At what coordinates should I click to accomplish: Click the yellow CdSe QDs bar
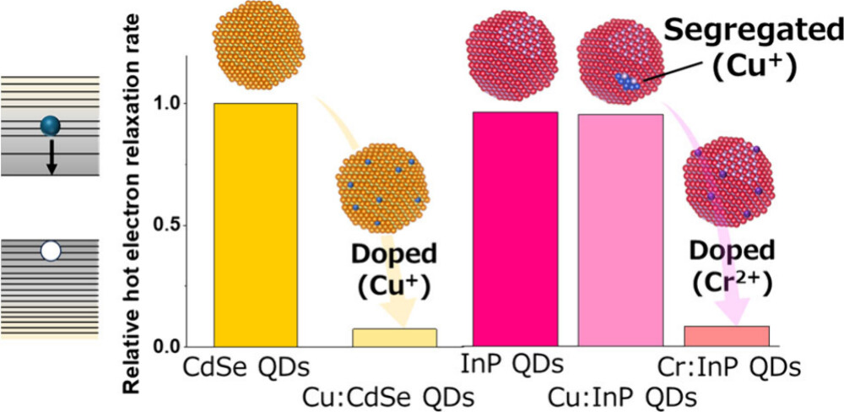tap(256, 224)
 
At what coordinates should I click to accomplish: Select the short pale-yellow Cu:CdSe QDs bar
tap(394, 338)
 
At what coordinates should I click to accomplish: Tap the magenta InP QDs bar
tap(516, 228)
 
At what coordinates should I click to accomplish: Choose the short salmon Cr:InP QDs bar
tap(726, 336)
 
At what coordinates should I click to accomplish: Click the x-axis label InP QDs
tap(511, 366)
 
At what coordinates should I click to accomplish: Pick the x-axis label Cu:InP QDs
tap(623, 395)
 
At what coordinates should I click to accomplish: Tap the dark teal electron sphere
tap(51, 127)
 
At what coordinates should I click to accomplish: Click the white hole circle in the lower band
tap(51, 251)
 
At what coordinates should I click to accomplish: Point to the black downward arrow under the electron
tap(51, 157)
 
